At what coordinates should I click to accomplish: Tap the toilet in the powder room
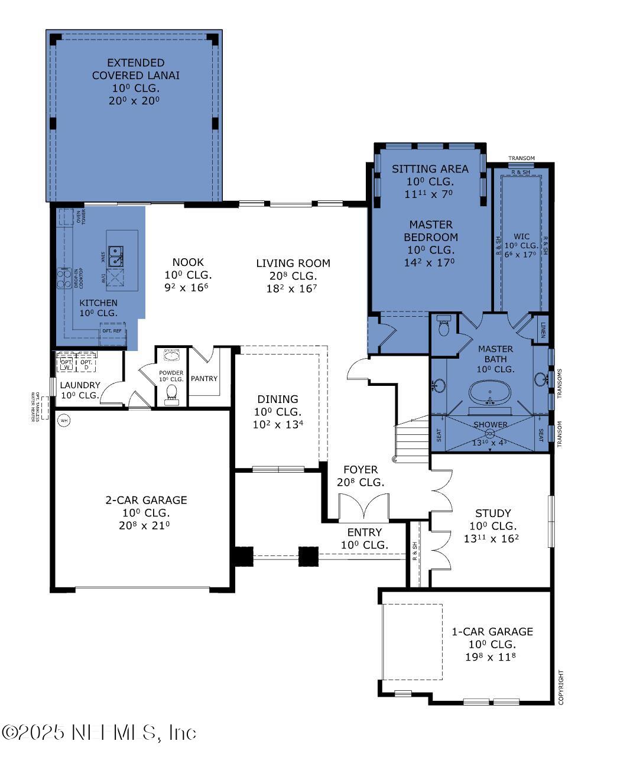pyautogui.click(x=172, y=392)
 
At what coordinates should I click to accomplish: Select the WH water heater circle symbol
pyautogui.click(x=64, y=421)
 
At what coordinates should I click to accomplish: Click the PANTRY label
pyautogui.click(x=204, y=379)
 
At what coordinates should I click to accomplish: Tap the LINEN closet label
pyautogui.click(x=542, y=329)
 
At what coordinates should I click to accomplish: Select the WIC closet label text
pyautogui.click(x=521, y=236)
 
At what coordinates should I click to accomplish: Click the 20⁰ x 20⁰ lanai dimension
pyautogui.click(x=135, y=101)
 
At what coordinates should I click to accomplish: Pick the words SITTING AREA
pyautogui.click(x=430, y=169)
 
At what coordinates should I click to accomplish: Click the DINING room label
pyautogui.click(x=277, y=399)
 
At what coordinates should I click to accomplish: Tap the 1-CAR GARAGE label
pyautogui.click(x=492, y=632)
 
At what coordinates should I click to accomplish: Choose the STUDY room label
pyautogui.click(x=493, y=513)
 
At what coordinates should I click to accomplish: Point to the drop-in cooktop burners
pyautogui.click(x=64, y=278)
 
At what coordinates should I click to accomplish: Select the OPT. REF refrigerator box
pyautogui.click(x=112, y=330)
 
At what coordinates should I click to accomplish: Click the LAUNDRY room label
pyautogui.click(x=80, y=385)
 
